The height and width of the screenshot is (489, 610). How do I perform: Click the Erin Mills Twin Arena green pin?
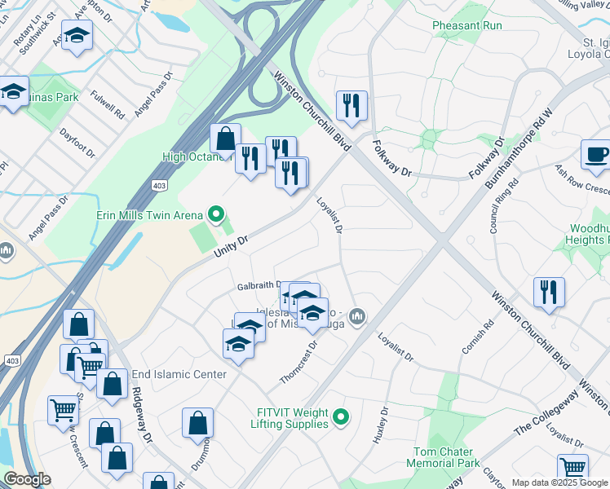click(216, 214)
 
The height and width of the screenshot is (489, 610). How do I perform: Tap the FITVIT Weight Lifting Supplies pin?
click(342, 418)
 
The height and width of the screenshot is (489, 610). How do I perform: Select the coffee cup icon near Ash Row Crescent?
click(595, 155)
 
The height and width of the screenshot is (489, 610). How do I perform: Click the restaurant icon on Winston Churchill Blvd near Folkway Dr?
click(351, 105)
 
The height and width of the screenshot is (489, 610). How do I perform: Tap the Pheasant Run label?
click(467, 26)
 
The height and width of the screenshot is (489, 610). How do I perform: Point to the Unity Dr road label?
click(230, 244)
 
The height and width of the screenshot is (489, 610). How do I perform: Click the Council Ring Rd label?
click(493, 208)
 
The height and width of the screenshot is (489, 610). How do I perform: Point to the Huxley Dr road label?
click(380, 426)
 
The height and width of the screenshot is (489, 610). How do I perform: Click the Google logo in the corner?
click(27, 479)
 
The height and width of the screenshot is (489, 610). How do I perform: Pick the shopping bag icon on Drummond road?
click(197, 423)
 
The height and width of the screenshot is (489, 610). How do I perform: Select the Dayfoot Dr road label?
click(77, 143)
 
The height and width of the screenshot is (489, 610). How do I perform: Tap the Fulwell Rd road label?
click(107, 104)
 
